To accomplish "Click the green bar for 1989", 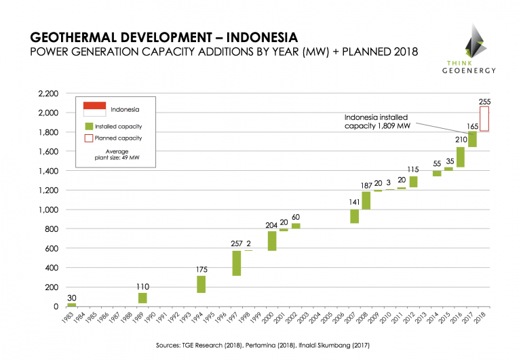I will (142, 298).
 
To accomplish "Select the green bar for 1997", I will (237, 263).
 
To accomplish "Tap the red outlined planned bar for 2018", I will (484, 118).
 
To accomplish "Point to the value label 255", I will (484, 101).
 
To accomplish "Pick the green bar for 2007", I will (354, 214).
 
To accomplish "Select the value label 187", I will (365, 186).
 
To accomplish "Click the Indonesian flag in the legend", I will (94, 108).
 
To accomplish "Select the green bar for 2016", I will (461, 157).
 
